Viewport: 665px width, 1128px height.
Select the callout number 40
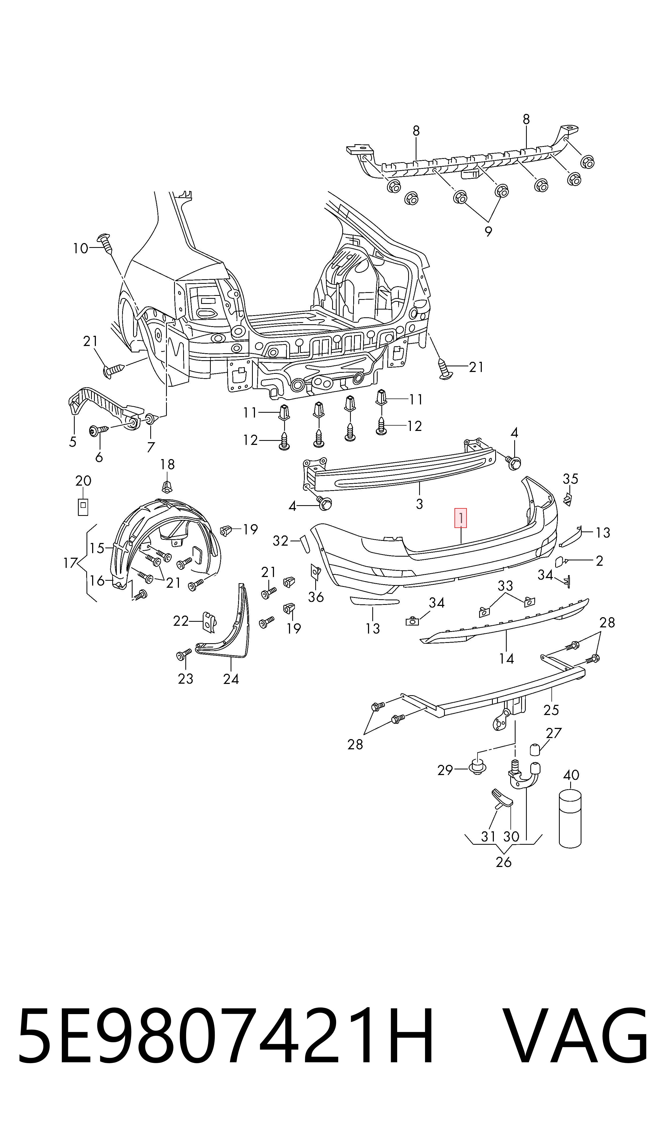pos(571,775)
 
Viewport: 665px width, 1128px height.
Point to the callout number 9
pos(488,232)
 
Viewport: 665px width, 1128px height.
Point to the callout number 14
pos(506,658)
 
